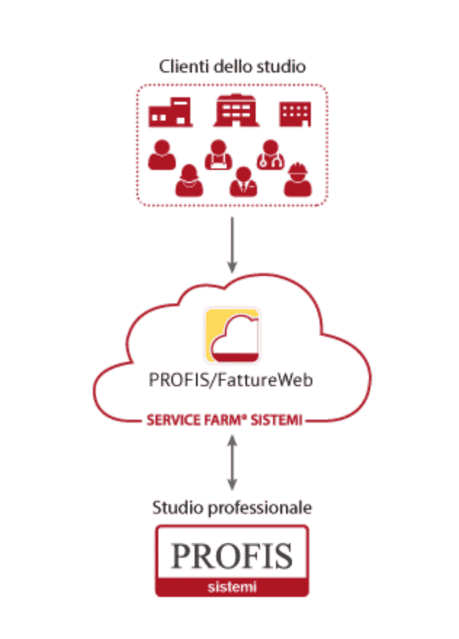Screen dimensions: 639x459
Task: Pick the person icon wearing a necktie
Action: [x=242, y=182]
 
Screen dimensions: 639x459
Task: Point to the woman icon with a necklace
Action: [x=190, y=180]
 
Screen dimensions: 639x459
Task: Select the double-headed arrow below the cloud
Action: [x=232, y=462]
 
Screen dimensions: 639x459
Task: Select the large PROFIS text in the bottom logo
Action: [x=232, y=556]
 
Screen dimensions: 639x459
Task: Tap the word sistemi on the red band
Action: [x=232, y=585]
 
